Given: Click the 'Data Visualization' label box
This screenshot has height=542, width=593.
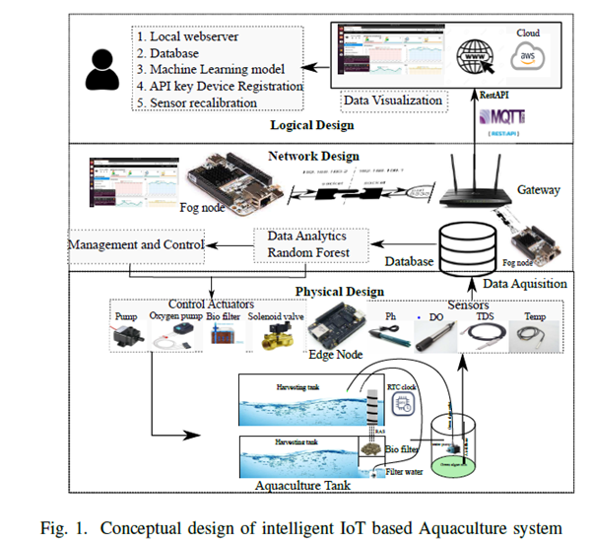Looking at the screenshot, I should click(x=393, y=101).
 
